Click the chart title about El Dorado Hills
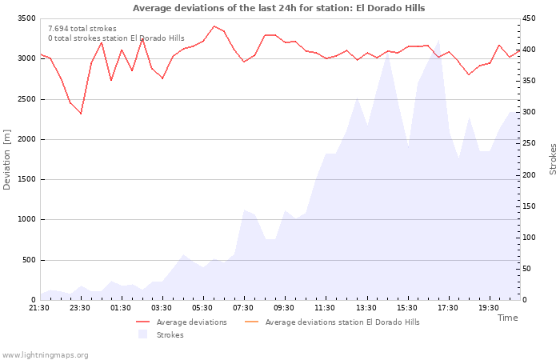click(278, 8)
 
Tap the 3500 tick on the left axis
click(26, 18)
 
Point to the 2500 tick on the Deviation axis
click(26, 99)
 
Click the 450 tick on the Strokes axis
click(529, 18)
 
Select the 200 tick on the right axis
click(529, 175)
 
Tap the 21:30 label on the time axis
click(39, 308)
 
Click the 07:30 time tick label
click(243, 308)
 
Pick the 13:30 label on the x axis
click(366, 308)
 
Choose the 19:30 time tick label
click(489, 308)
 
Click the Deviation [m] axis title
click(6, 160)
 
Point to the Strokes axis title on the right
click(553, 159)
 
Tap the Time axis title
click(507, 318)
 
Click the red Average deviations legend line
click(143, 322)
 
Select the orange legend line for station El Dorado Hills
click(251, 322)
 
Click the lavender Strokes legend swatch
click(143, 334)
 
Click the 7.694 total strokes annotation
click(82, 29)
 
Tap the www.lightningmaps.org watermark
click(45, 355)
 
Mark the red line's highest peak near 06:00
click(214, 26)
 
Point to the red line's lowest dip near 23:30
click(81, 114)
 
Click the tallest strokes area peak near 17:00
click(438, 40)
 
